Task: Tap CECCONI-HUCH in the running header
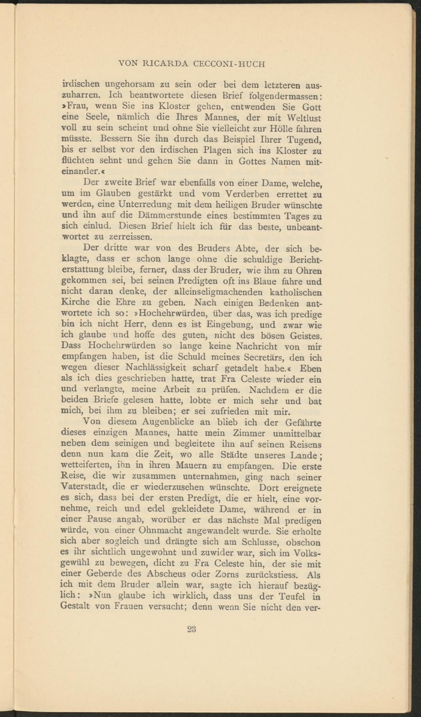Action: pos(229,64)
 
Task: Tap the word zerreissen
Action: pos(122,238)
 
